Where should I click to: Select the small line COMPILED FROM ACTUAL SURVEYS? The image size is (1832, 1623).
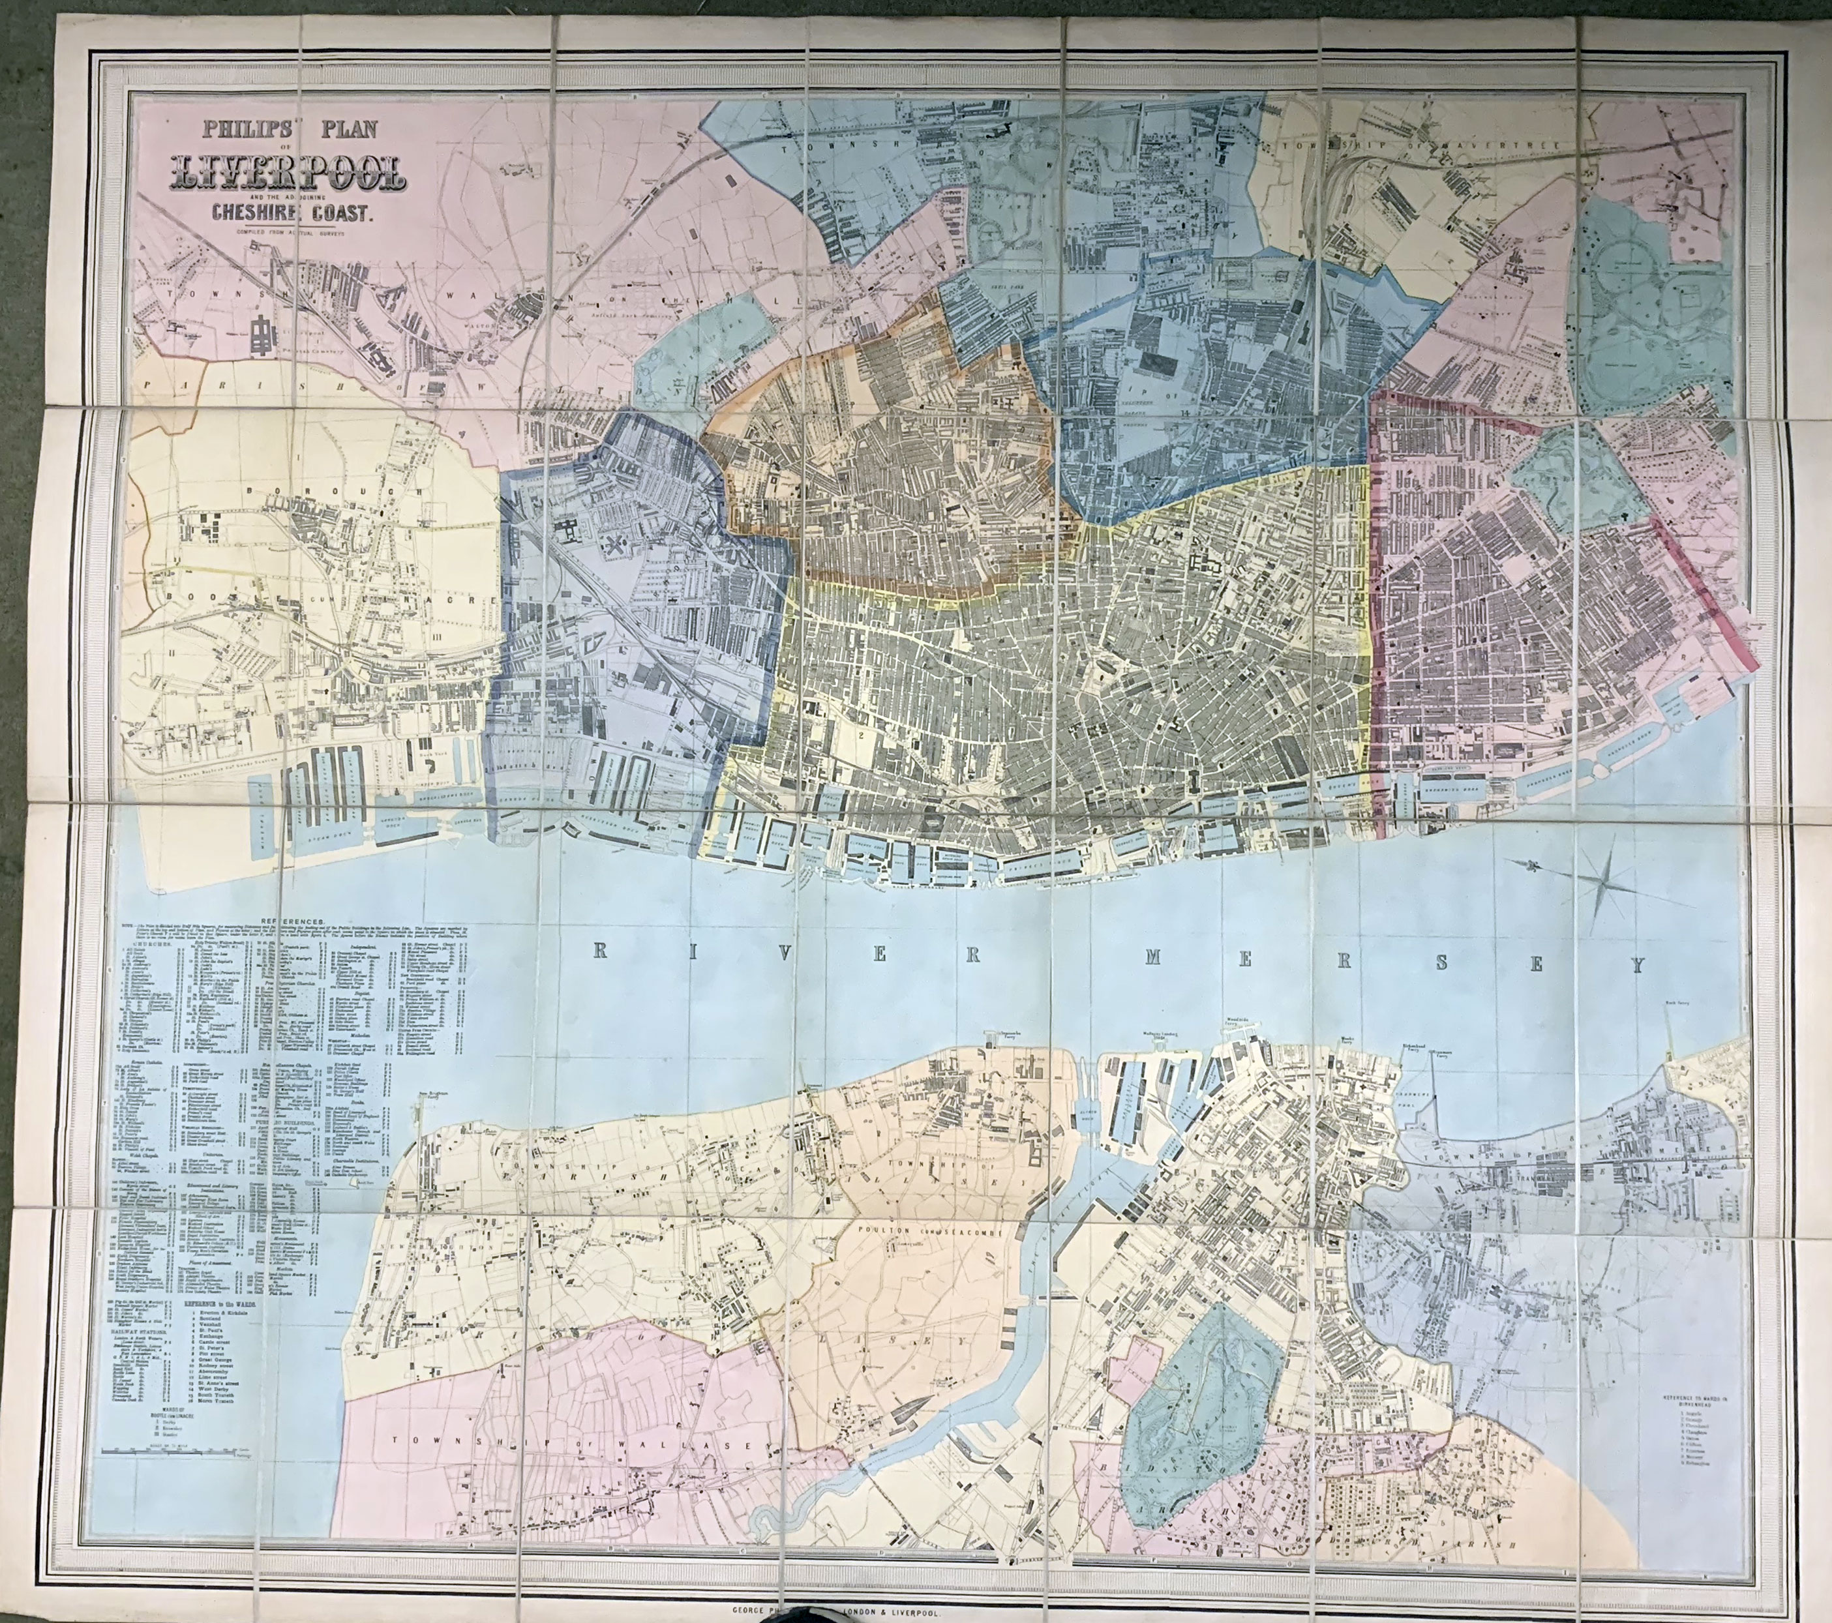284,233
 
